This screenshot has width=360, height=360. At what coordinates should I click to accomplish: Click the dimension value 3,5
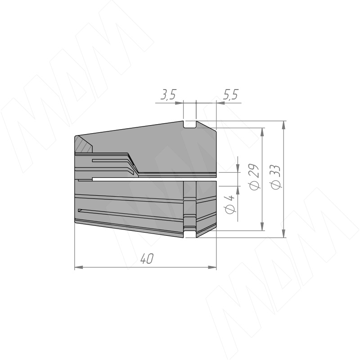point(168,94)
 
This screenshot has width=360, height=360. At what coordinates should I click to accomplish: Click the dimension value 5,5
point(230,94)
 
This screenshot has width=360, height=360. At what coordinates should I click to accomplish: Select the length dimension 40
point(147,259)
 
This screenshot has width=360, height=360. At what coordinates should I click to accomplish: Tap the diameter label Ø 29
point(255,177)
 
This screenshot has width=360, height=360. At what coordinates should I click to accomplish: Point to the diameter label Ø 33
point(275,177)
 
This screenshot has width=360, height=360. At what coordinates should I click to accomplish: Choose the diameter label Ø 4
point(229,204)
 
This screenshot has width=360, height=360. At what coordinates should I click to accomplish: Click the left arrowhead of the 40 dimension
point(79,267)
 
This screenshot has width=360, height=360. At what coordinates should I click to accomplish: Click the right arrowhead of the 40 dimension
point(212,267)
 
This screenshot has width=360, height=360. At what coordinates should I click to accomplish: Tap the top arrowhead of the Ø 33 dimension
point(284,125)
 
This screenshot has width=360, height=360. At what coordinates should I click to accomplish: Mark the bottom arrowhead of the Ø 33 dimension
point(284,234)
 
